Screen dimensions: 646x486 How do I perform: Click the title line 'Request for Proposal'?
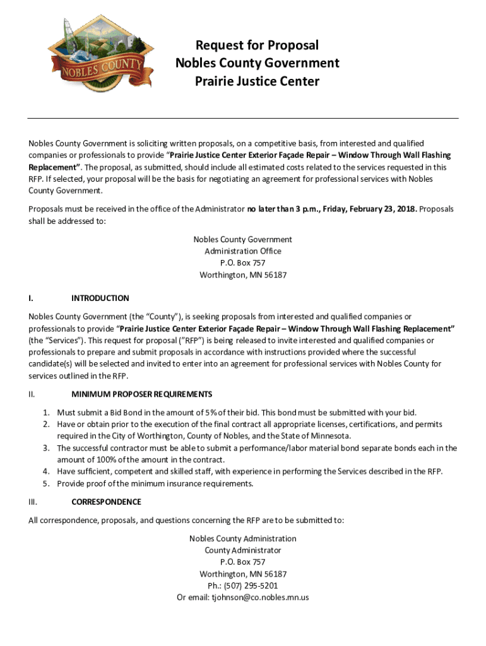pyautogui.click(x=257, y=45)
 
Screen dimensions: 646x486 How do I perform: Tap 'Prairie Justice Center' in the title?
pyautogui.click(x=257, y=81)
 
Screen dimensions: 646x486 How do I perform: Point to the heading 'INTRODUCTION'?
pyautogui.click(x=100, y=298)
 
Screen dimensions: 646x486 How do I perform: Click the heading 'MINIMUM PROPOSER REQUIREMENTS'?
pyautogui.click(x=141, y=394)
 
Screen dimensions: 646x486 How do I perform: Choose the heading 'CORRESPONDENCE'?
pyautogui.click(x=106, y=502)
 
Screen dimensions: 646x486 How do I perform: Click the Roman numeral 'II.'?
pyautogui.click(x=32, y=394)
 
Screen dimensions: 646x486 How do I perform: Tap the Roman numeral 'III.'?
pyautogui.click(x=33, y=502)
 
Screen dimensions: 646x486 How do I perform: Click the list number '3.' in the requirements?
pyautogui.click(x=47, y=448)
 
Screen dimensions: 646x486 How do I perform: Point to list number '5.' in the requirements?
pyautogui.click(x=47, y=484)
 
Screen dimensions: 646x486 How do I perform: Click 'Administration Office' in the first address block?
pyautogui.click(x=243, y=251)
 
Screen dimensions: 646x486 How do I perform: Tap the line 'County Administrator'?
pyautogui.click(x=243, y=550)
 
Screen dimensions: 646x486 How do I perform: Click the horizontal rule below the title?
pyautogui.click(x=243, y=118)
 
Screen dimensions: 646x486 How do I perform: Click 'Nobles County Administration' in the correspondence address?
pyautogui.click(x=243, y=538)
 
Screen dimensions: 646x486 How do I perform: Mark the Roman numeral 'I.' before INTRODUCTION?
pyautogui.click(x=31, y=298)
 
